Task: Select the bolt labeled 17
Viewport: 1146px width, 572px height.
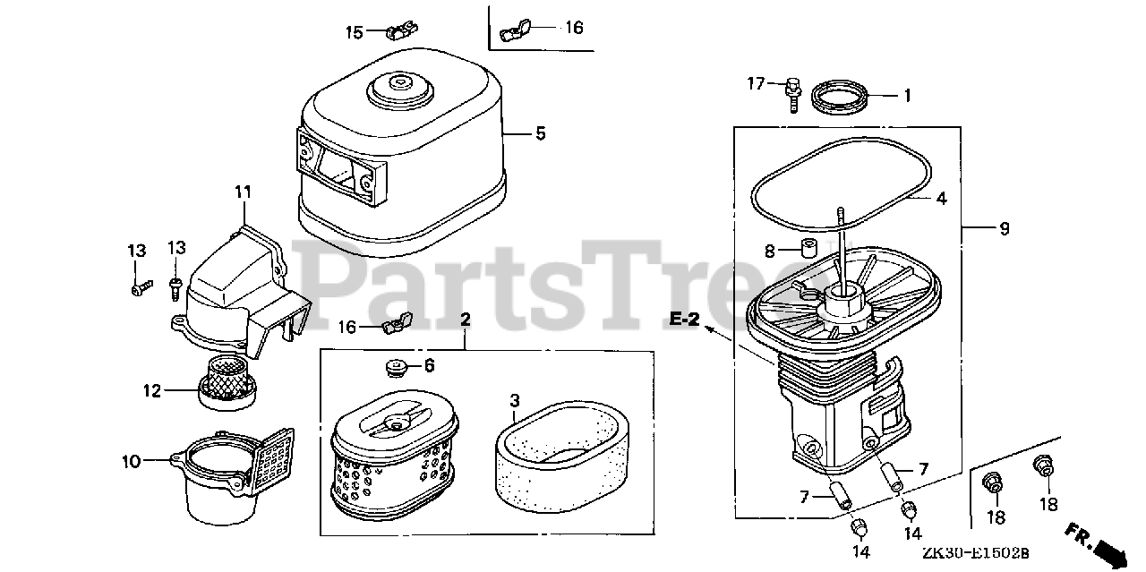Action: point(792,95)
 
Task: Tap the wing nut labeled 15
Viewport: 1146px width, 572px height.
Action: point(402,30)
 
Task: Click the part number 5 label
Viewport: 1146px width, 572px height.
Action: point(541,133)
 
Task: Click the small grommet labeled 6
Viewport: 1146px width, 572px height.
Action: point(396,368)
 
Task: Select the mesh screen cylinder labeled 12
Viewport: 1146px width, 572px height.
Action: point(227,384)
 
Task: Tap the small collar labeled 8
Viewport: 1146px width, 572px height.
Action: point(808,247)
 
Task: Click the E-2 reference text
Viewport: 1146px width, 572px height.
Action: point(685,320)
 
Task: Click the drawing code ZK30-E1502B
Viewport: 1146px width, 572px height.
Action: point(976,553)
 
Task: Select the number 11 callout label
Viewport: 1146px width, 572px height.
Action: point(243,192)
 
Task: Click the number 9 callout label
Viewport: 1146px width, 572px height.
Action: point(1005,228)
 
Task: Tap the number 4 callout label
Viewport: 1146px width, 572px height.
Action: point(941,199)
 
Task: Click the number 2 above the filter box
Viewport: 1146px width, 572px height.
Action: point(465,320)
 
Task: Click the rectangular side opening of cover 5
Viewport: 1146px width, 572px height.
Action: point(335,166)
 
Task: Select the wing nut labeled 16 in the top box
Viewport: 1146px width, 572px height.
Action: point(515,30)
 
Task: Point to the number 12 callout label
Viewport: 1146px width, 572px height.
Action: point(152,391)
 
